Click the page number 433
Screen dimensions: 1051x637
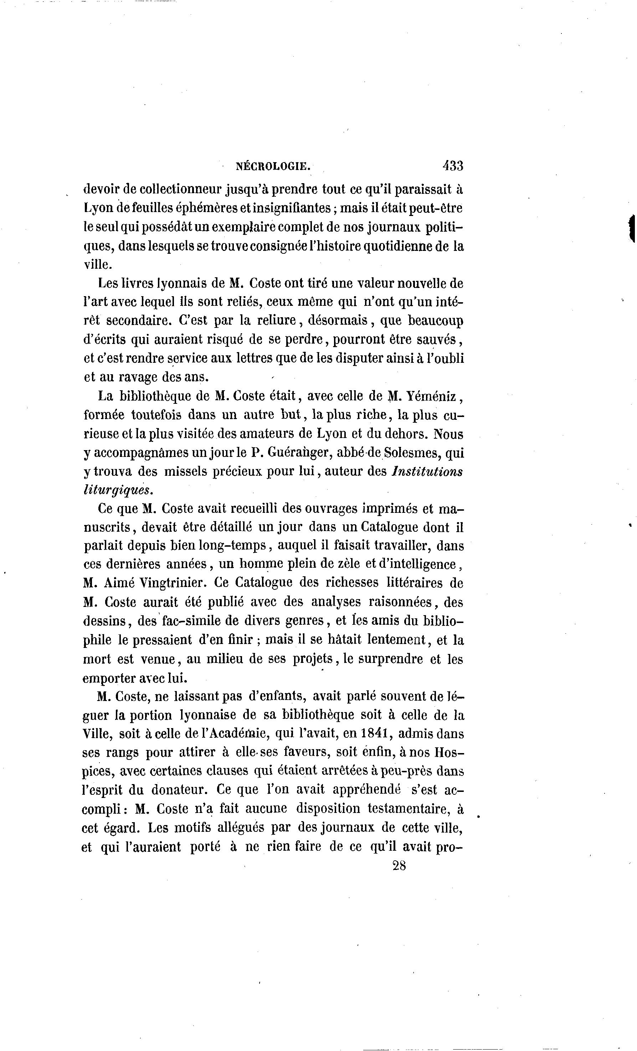click(453, 165)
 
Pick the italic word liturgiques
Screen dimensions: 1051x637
click(118, 490)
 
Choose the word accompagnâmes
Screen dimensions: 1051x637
click(145, 453)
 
